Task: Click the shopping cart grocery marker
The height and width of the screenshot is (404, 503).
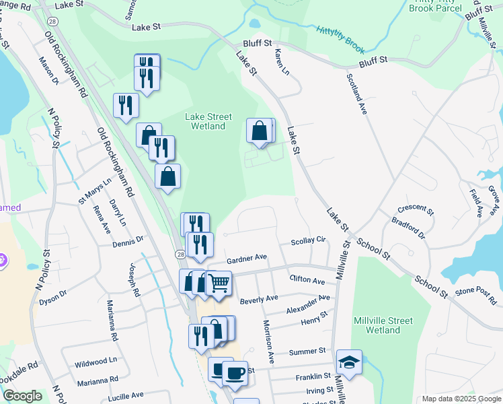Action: coord(219,283)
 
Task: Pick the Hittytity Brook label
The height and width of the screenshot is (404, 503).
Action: coord(340,36)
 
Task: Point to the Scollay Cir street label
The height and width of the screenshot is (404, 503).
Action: coord(308,240)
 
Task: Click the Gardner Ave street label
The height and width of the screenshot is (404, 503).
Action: coord(247,257)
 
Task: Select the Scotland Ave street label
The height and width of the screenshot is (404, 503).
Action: coord(356,94)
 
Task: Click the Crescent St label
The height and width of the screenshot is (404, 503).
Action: coord(416,209)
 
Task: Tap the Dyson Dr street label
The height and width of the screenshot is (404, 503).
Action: coord(53,294)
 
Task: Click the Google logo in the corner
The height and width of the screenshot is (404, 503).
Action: coord(22,396)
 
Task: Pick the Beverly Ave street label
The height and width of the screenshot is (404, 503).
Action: coord(259,298)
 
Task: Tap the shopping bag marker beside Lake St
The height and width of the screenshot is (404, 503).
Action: coord(260,130)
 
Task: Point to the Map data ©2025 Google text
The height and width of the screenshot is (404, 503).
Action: coord(461,399)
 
